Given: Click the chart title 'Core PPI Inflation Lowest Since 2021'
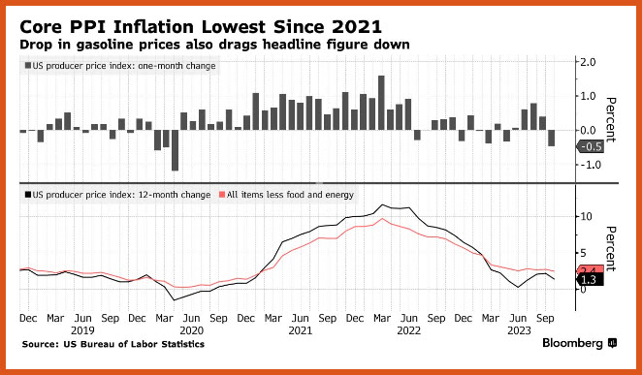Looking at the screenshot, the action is (201, 27).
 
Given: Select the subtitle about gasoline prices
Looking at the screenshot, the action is (214, 45).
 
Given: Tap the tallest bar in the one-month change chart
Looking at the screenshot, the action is (381, 103).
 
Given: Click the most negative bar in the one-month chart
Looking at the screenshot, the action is (175, 150).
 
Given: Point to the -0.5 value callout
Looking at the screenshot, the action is (591, 147).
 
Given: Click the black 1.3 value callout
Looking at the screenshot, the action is (591, 280).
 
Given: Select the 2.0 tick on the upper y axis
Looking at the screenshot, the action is (588, 62).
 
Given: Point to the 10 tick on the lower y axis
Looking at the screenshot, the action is (586, 216).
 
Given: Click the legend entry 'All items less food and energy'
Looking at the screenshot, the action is (285, 195).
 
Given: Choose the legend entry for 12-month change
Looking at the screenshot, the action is (117, 195).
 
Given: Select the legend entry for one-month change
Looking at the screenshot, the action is (120, 66).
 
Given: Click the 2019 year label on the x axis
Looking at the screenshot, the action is (82, 330).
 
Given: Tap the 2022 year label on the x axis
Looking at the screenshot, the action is (408, 330).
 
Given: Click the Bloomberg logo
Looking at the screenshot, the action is (579, 343).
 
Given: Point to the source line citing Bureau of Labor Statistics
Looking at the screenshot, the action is (113, 344).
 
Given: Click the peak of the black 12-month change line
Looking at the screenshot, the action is (382, 204).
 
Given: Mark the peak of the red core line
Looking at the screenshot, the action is (382, 218).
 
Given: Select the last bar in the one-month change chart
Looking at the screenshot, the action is (552, 139).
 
